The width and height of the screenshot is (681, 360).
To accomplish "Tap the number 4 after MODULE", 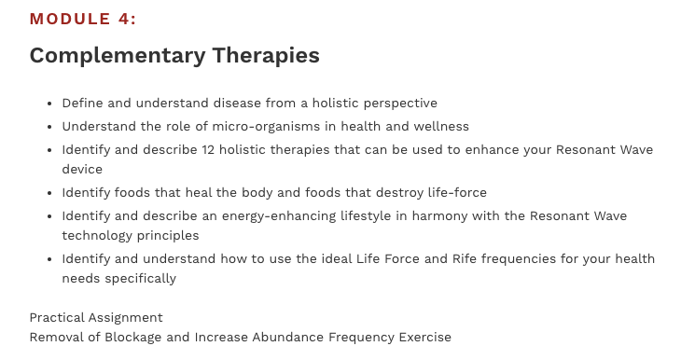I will pyautogui.click(x=126, y=20).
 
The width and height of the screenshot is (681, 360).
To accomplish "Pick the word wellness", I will pyautogui.click(x=438, y=126).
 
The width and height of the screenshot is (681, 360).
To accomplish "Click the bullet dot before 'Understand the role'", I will pyautogui.click(x=49, y=127).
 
